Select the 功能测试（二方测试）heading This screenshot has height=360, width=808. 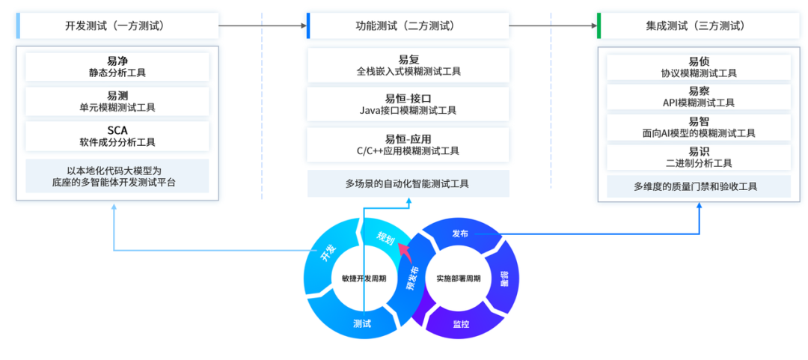point(408,25)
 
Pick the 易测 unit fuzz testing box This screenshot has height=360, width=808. point(117,101)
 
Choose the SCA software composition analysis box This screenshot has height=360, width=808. point(117,135)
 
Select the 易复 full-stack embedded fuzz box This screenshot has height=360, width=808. point(408,65)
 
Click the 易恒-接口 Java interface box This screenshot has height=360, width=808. point(408,104)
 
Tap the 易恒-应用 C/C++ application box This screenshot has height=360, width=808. point(408,144)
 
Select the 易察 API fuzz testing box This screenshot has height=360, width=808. point(698,97)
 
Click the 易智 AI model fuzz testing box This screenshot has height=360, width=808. point(698,126)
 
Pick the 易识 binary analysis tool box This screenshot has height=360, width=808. point(698,156)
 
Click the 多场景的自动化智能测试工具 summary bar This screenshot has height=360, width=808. point(408,183)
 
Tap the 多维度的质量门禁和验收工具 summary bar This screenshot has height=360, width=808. point(698,186)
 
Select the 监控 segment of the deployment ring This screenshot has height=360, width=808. point(461,324)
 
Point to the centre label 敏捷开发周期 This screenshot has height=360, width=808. point(364,278)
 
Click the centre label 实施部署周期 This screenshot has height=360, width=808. point(458,278)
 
